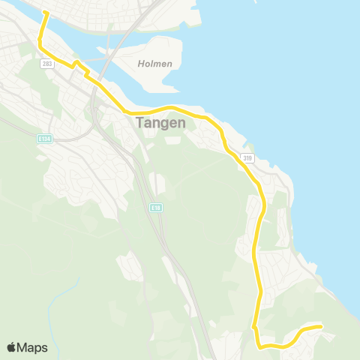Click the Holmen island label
[x=155, y=64]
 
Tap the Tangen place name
[x=160, y=123]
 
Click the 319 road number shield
[x=247, y=157]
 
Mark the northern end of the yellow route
[x=45, y=13]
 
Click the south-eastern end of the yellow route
[x=321, y=326]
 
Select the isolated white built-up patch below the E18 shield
[x=127, y=266]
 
